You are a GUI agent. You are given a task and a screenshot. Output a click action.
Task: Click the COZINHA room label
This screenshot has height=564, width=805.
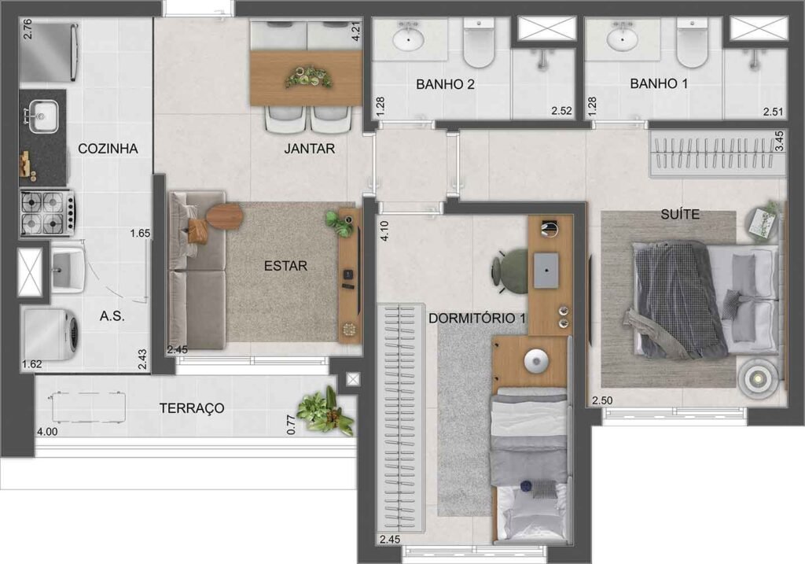(108, 148)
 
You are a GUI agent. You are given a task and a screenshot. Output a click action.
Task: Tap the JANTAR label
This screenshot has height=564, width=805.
(309, 148)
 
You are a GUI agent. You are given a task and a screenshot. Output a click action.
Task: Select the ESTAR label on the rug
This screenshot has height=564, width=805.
(285, 266)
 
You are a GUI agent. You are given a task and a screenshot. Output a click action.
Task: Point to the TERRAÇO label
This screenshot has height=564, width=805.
(192, 408)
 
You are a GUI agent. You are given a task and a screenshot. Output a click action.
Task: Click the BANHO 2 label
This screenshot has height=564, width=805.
(445, 84)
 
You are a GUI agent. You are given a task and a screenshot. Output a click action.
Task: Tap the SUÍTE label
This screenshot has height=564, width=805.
(681, 214)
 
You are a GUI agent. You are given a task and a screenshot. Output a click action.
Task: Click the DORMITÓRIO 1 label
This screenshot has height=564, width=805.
(477, 319)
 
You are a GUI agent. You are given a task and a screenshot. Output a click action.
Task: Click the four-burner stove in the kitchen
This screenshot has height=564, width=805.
(46, 212)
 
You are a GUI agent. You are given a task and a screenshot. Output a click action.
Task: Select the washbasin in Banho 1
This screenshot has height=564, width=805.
(623, 38)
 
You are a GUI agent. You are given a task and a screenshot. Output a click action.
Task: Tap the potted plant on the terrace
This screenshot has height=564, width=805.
(325, 411)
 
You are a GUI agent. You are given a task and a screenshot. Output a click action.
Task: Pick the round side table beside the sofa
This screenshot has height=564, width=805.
(224, 216)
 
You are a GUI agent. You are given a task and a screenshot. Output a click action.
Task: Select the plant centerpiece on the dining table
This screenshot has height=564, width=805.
(307, 76)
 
